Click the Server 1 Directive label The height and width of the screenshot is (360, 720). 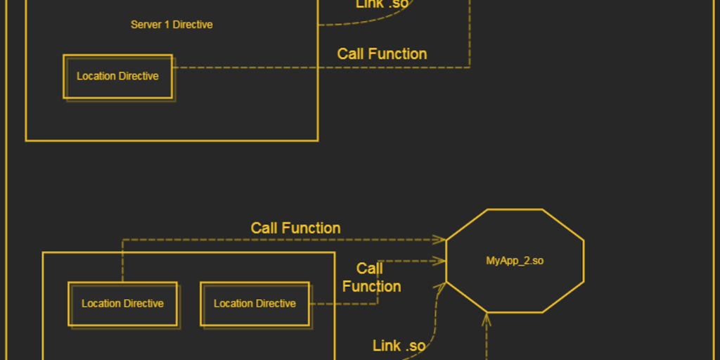pos(172,25)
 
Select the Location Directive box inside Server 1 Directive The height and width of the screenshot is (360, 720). pos(117,76)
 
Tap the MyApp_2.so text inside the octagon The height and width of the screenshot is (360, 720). pos(515,261)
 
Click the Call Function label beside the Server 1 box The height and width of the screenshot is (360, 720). pos(382,54)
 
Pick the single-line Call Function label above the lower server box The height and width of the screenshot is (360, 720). pos(295,228)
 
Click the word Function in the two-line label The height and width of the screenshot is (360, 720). pos(371,287)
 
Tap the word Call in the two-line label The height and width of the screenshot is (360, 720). pos(370,269)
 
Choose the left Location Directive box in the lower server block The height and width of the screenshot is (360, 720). pos(122,304)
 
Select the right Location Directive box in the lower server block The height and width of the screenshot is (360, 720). pos(255,304)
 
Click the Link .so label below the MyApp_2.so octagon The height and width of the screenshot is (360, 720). pos(399,345)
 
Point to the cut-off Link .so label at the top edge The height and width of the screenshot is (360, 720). pos(380,4)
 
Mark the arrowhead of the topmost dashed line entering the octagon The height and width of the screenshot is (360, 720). pos(441,240)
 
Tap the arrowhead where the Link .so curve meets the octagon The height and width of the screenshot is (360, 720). pos(442,285)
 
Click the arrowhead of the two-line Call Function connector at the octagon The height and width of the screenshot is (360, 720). pos(441,261)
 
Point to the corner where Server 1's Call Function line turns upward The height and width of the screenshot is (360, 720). pos(470,67)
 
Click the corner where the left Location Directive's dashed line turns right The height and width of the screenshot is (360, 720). pos(122,240)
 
